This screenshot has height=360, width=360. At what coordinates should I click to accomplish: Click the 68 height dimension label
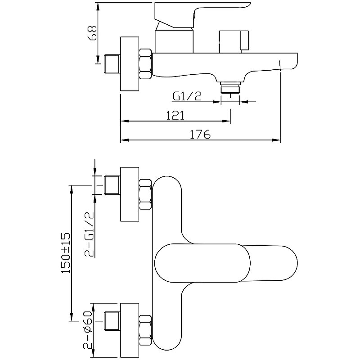pos(93,33)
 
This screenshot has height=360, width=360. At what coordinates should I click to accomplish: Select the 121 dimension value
pos(175,116)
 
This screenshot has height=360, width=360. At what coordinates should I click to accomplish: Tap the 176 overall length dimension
pos(200,134)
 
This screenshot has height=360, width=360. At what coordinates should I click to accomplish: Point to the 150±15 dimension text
pos(66,253)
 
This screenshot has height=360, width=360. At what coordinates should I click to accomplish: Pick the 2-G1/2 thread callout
pos(90,234)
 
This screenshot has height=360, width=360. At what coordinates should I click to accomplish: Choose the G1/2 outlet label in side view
pos(187,96)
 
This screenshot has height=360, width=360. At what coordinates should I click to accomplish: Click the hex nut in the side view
pos(145,64)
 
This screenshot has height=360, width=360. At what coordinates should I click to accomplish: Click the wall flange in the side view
pos(130,64)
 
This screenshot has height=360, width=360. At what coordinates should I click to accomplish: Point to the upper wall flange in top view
pos(130,194)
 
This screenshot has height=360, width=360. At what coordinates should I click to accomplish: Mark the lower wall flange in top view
pos(130,330)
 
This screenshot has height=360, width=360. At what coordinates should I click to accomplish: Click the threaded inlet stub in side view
pos(112,64)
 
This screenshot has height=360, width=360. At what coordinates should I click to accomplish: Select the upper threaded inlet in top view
pos(112,185)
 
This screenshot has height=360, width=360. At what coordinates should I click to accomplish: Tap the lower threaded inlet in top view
pos(112,321)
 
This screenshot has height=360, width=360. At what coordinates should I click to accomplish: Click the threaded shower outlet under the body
pos(230,88)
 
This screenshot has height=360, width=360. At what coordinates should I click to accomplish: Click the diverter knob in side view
pos(234,42)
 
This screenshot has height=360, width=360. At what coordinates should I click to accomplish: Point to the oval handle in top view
pos(226,263)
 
